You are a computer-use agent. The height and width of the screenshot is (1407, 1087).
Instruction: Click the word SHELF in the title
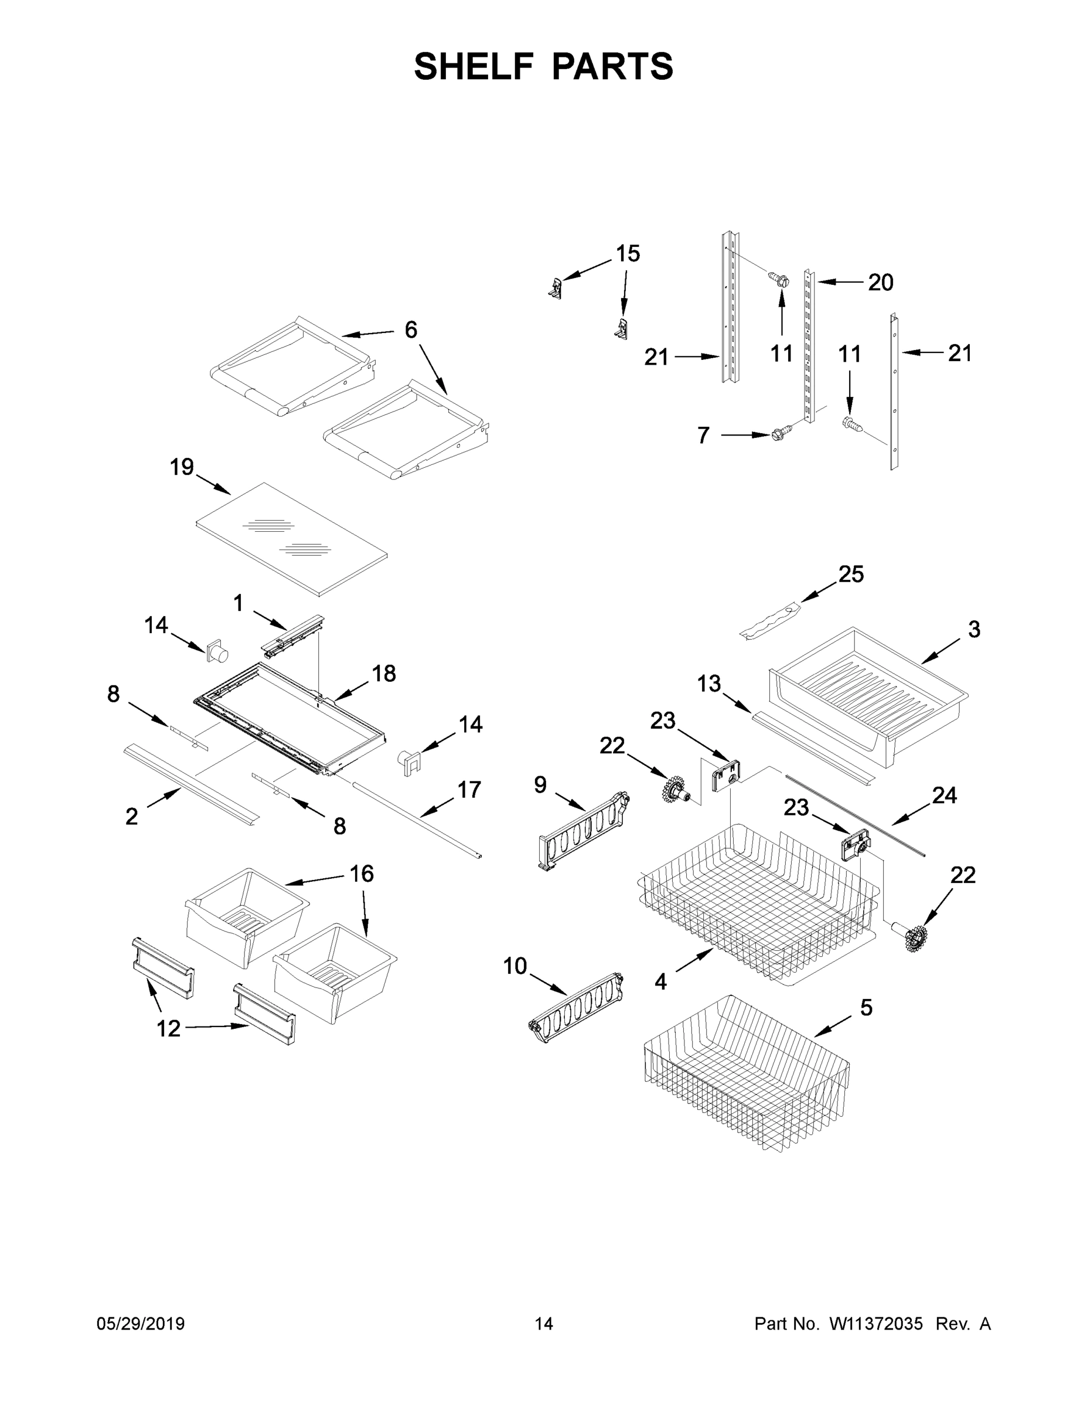pyautogui.click(x=473, y=67)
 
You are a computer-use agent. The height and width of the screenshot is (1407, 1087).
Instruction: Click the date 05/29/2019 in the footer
pyautogui.click(x=141, y=1323)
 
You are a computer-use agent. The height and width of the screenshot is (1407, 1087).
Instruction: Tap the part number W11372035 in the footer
pyautogui.click(x=876, y=1323)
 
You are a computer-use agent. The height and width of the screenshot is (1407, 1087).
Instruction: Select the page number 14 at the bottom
pyautogui.click(x=544, y=1323)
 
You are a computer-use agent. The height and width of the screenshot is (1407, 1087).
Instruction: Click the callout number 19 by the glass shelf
pyautogui.click(x=182, y=467)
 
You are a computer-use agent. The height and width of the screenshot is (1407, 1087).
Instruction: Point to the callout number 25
pyautogui.click(x=851, y=574)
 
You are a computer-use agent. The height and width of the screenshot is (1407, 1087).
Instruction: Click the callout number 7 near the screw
pyautogui.click(x=703, y=436)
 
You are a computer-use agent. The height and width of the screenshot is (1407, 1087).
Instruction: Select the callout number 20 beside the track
pyautogui.click(x=880, y=282)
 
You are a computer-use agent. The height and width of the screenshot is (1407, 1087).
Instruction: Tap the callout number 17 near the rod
pyautogui.click(x=469, y=789)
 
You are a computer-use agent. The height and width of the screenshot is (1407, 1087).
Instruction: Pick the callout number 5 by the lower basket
pyautogui.click(x=866, y=1008)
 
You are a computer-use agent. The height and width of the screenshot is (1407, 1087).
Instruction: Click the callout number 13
pyautogui.click(x=709, y=684)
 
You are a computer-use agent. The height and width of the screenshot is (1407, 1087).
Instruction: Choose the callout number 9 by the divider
pyautogui.click(x=540, y=784)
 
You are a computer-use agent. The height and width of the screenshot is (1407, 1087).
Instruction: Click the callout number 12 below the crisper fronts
pyautogui.click(x=169, y=1029)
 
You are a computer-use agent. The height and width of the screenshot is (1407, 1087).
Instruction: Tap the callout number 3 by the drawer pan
pyautogui.click(x=974, y=630)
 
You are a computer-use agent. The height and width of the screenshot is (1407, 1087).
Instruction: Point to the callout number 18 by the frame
pyautogui.click(x=384, y=674)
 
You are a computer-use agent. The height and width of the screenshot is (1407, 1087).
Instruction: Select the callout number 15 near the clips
pyautogui.click(x=628, y=254)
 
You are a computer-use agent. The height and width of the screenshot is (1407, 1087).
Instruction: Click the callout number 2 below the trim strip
pyautogui.click(x=131, y=817)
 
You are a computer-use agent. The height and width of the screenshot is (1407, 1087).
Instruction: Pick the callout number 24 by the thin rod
pyautogui.click(x=944, y=796)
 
